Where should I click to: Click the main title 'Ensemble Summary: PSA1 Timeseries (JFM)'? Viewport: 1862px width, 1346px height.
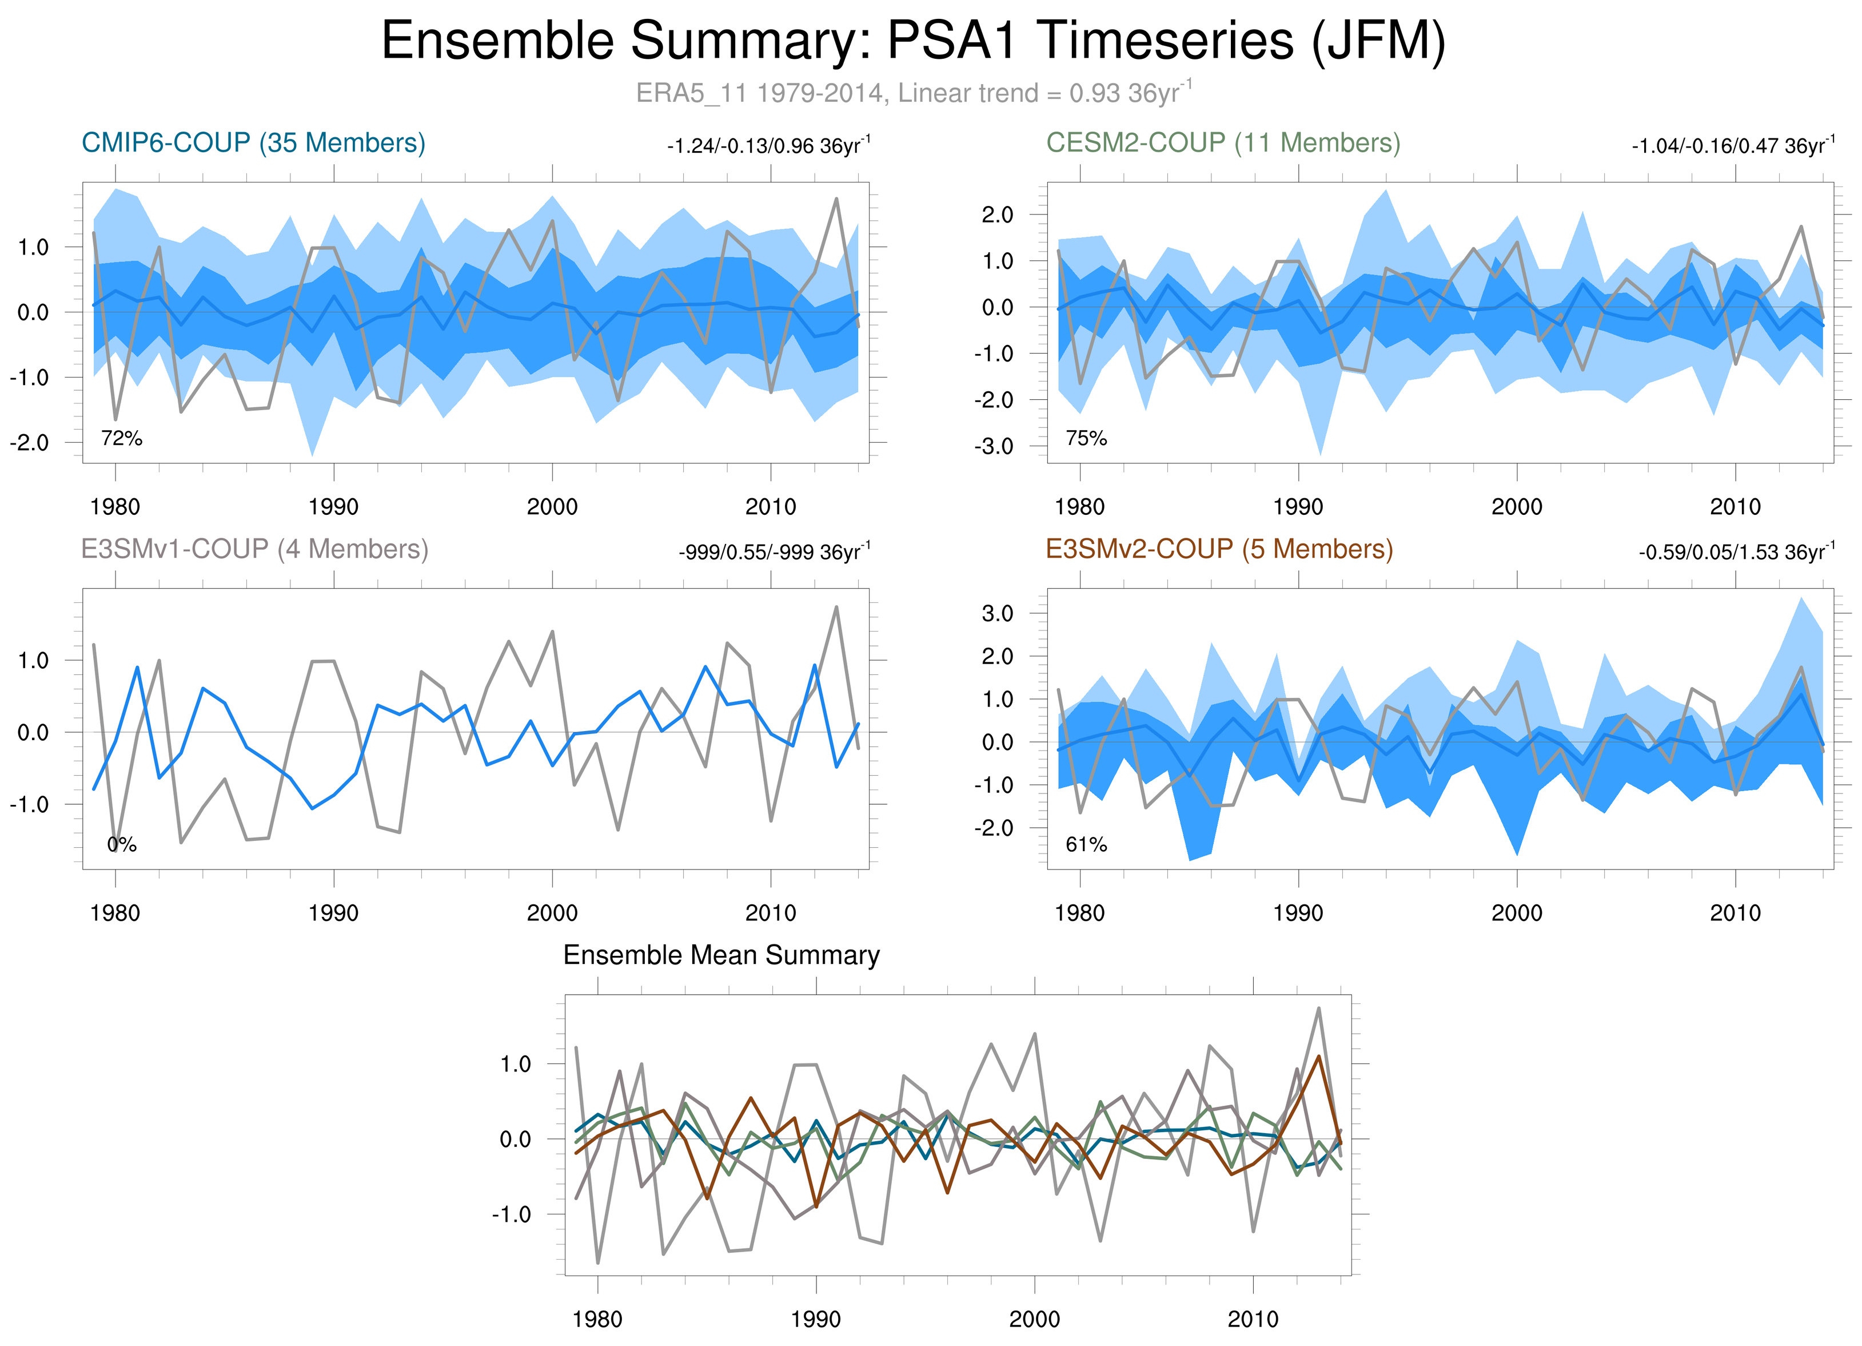click(x=913, y=41)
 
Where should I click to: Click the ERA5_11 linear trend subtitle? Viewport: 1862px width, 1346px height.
click(x=913, y=93)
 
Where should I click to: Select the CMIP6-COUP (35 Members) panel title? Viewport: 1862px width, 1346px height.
click(x=253, y=143)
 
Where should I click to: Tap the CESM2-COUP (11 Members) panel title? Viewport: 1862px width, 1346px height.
click(x=1222, y=143)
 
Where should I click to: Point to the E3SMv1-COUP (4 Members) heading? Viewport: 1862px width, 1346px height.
click(x=254, y=549)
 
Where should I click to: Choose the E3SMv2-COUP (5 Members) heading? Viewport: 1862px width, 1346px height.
click(x=1219, y=549)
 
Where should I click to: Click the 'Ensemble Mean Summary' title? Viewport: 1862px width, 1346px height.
click(x=721, y=955)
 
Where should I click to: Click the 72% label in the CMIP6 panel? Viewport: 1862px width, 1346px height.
click(x=122, y=439)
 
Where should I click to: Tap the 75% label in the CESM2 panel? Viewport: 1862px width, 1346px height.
click(x=1086, y=439)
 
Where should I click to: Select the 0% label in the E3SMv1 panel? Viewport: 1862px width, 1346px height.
click(x=122, y=845)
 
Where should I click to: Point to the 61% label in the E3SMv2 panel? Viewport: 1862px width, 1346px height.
click(x=1086, y=845)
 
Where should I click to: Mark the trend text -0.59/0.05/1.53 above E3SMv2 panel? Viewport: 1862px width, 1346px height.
click(x=1736, y=552)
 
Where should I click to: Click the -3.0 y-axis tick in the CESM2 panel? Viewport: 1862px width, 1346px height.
click(x=994, y=447)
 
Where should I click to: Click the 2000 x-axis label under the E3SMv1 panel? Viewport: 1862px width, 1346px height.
click(x=552, y=913)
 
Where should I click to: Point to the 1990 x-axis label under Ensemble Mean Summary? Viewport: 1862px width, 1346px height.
click(x=815, y=1319)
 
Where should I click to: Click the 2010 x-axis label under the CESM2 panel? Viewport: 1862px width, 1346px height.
click(x=1735, y=507)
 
